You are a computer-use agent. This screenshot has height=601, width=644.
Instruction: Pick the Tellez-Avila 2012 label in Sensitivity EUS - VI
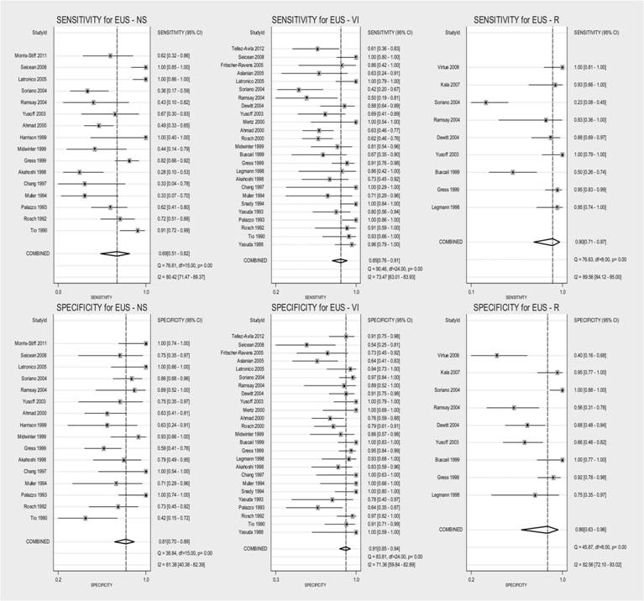[246, 49]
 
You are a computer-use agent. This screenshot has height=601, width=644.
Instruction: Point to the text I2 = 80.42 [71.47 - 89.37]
[188, 274]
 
